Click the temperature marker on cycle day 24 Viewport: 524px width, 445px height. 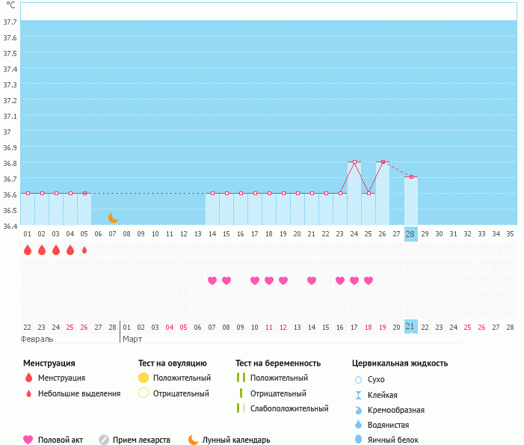(x=354, y=162)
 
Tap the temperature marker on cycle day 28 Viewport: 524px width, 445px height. (x=411, y=177)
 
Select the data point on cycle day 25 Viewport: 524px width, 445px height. (x=369, y=193)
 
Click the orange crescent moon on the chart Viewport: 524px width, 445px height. (x=113, y=217)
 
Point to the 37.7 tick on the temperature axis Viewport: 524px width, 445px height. (x=11, y=22)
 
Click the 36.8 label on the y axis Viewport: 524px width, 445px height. (x=11, y=163)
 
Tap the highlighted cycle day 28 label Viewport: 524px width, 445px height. (x=410, y=234)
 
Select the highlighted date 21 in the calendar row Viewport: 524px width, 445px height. (x=410, y=327)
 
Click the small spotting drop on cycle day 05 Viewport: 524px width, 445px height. (x=84, y=250)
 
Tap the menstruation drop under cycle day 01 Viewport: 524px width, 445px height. (x=28, y=250)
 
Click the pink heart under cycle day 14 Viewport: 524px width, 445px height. (x=212, y=280)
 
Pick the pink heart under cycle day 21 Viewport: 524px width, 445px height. (x=312, y=280)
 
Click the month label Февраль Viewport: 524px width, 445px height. (x=37, y=339)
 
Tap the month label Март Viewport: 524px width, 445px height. (x=132, y=339)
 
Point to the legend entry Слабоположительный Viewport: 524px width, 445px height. (x=289, y=408)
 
